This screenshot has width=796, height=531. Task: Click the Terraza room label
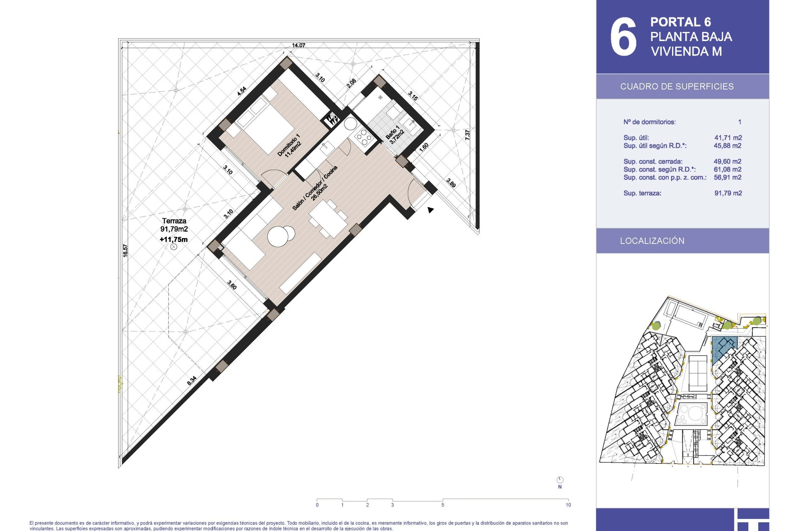click(174, 221)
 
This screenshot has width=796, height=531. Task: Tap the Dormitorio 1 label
click(289, 145)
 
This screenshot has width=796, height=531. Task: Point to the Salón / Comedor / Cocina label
click(315, 188)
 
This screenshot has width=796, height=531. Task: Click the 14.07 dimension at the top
click(298, 45)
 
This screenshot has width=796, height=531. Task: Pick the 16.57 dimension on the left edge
click(125, 251)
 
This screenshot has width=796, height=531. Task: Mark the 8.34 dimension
click(192, 380)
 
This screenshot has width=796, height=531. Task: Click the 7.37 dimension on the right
click(467, 134)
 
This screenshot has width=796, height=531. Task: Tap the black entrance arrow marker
click(430, 210)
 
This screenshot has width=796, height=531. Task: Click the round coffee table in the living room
click(278, 236)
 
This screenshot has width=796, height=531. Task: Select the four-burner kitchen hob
click(364, 137)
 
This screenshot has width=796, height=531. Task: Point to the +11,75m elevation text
click(174, 239)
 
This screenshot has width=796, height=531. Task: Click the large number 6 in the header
click(623, 37)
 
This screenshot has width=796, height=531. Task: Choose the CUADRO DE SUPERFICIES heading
click(677, 86)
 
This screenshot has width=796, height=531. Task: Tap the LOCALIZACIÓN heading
click(652, 241)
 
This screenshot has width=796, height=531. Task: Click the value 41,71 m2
click(728, 138)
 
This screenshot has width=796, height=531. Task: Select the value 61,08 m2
click(728, 169)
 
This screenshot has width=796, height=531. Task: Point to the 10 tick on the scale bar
click(568, 505)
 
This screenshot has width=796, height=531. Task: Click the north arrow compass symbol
click(560, 480)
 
